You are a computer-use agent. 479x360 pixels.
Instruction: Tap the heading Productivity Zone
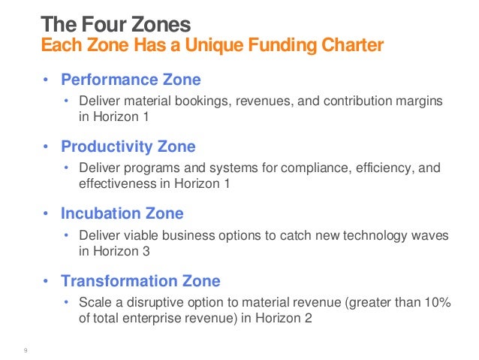[128, 147]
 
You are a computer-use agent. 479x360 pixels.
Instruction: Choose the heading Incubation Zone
[122, 214]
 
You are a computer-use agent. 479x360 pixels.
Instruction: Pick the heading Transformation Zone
[140, 281]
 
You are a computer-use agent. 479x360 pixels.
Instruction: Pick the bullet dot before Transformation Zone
[45, 282]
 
